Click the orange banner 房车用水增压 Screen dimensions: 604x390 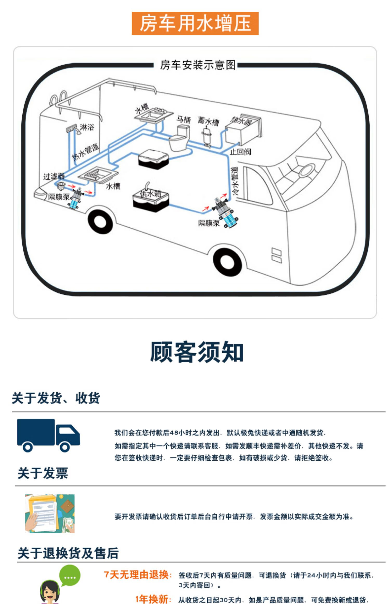click(x=195, y=23)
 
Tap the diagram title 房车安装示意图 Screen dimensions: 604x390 click(x=198, y=65)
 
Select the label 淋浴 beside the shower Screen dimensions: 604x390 click(x=87, y=127)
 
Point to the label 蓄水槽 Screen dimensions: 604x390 click(x=208, y=121)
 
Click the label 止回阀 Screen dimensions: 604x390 click(x=240, y=152)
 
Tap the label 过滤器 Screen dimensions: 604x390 click(x=54, y=176)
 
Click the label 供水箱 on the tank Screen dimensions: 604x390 click(x=151, y=194)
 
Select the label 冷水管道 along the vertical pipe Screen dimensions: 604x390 click(x=235, y=181)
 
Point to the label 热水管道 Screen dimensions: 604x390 click(x=86, y=152)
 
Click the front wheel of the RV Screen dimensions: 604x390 click(x=227, y=262)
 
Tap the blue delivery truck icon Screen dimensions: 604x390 click(x=48, y=435)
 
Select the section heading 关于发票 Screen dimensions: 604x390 click(x=43, y=473)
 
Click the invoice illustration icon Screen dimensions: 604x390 click(x=50, y=513)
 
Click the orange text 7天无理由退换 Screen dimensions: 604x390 click(x=138, y=575)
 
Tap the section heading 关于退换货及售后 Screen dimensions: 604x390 click(x=68, y=553)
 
